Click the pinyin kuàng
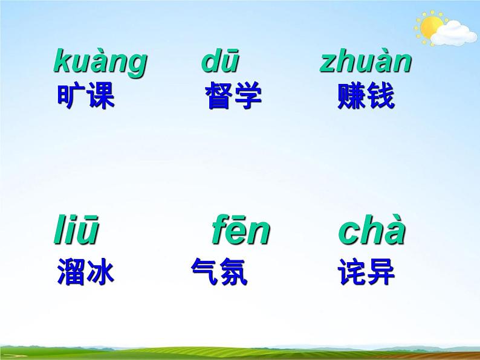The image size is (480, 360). [x=100, y=63]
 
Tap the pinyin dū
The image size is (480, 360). [x=220, y=63]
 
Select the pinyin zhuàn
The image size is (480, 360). [x=365, y=63]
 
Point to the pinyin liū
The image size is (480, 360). [x=76, y=232]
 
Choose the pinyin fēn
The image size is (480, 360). [x=241, y=232]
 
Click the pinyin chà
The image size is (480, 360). [x=371, y=232]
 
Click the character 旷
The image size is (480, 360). [x=70, y=97]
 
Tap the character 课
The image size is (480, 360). [x=100, y=97]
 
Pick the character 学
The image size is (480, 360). [x=248, y=97]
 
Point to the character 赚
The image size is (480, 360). [x=351, y=97]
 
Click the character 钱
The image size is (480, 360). [x=381, y=97]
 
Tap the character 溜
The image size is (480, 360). [x=71, y=272]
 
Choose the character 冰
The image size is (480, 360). [x=100, y=272]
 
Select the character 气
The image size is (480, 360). [x=204, y=272]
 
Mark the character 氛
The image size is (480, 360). [x=234, y=272]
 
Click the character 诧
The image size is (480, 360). [x=351, y=272]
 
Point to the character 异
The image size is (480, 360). [x=381, y=272]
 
